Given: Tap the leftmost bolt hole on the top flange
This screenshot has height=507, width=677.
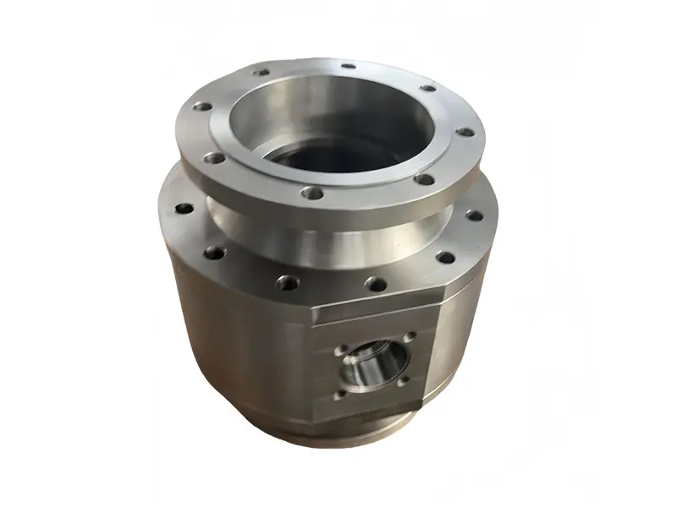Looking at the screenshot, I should tap(201, 107).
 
